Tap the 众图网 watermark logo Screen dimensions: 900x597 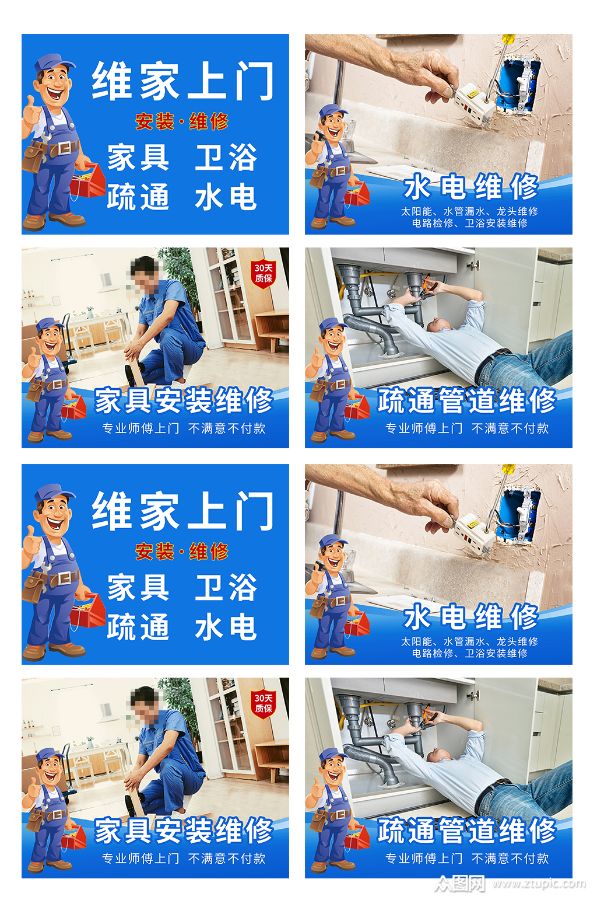coord(460,883)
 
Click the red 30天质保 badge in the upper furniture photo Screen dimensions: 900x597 coord(263,273)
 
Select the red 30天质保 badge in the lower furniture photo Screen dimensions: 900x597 coord(263,703)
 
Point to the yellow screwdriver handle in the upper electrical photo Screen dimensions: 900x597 coord(508,40)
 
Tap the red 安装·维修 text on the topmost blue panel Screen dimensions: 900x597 coord(182,121)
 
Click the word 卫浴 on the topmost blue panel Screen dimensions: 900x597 coord(226,158)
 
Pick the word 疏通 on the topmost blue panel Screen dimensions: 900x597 coord(138,197)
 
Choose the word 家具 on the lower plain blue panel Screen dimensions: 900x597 coord(138,588)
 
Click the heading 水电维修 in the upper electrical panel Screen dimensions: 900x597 coord(470,187)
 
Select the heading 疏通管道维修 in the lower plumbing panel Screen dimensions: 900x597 coord(466,830)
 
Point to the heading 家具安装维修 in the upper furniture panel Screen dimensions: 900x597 coord(184,400)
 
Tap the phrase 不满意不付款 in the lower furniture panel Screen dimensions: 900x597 coord(227,858)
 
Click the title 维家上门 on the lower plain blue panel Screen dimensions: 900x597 coord(182,511)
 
